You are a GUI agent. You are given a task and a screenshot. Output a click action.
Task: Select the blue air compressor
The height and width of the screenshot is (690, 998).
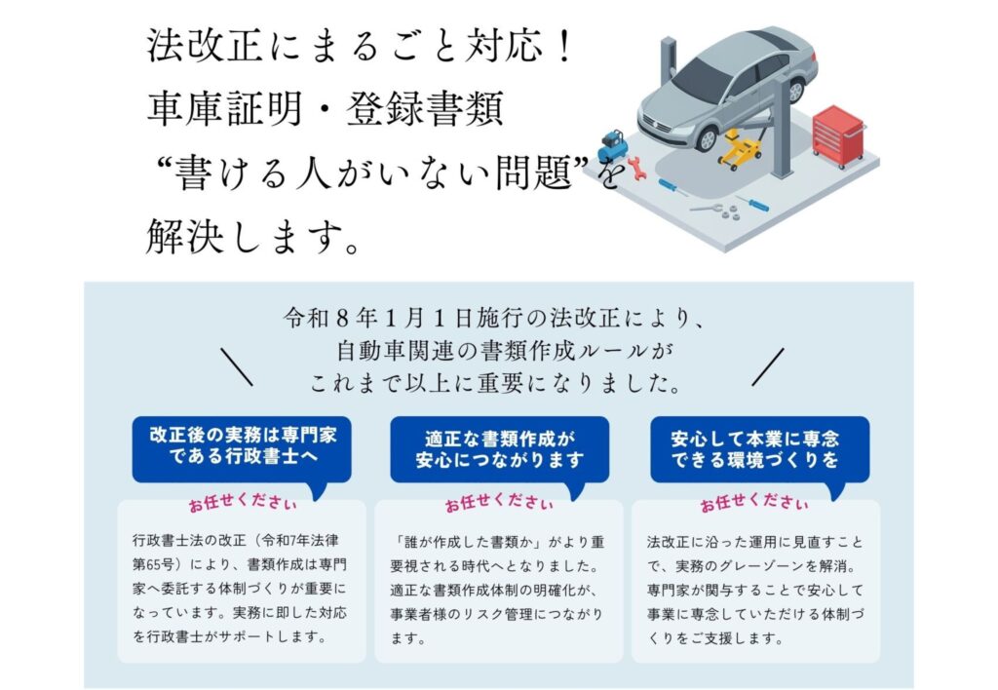click(612, 146)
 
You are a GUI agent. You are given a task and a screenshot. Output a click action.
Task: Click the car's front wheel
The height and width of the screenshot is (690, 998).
click(708, 137)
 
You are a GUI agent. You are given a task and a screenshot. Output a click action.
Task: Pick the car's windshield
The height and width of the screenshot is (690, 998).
click(702, 78)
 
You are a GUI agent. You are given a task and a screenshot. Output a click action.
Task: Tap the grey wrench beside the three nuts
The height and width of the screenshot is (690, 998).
click(706, 208)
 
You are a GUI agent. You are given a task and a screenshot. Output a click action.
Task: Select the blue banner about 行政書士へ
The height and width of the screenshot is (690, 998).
click(242, 448)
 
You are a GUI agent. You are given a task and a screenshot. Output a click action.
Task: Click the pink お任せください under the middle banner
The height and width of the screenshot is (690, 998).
click(499, 504)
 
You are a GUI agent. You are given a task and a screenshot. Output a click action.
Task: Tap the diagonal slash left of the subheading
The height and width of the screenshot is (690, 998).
click(237, 366)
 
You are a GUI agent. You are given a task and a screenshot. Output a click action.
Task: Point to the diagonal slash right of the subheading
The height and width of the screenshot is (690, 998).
click(768, 366)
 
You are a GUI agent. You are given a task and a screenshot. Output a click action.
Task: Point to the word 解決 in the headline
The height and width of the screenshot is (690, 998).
click(185, 236)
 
